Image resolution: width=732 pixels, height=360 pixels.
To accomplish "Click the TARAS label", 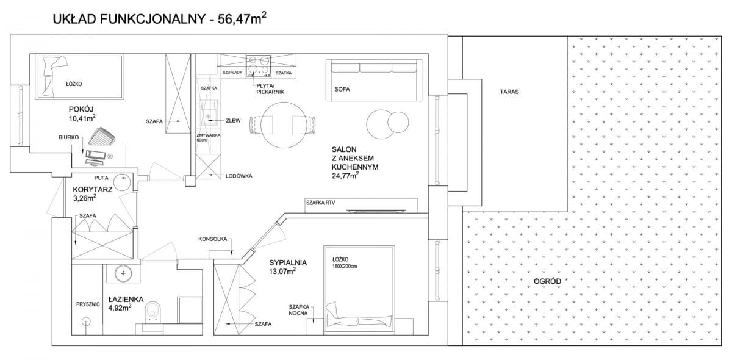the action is tap(509, 92).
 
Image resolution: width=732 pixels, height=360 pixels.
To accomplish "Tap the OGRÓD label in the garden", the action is tap(547, 281).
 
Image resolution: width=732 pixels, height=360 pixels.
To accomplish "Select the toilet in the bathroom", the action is tap(153, 311).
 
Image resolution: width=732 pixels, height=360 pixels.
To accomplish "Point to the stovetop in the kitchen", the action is tap(258, 65).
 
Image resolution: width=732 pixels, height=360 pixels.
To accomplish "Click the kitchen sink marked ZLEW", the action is tap(209, 113).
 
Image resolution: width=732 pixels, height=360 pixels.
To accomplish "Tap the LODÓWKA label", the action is tap(239, 176).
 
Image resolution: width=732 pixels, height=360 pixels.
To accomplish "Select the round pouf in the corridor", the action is tap(122, 182).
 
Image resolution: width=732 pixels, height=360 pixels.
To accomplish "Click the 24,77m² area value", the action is tap(345, 176).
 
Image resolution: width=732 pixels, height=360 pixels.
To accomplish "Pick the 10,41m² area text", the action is tap(82, 118).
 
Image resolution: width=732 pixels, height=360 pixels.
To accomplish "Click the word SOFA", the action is tap(342, 89).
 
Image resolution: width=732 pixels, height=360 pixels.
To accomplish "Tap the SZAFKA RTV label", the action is tap(320, 203).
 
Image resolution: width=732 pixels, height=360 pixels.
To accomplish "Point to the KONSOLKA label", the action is tap(212, 239).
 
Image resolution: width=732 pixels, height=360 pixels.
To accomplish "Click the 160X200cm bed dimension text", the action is tap(345, 266).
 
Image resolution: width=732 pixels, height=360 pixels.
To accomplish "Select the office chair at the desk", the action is tap(102, 136).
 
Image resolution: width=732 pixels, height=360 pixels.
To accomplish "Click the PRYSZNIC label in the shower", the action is tap(88, 304).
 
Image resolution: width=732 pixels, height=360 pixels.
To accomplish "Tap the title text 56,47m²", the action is tap(242, 18).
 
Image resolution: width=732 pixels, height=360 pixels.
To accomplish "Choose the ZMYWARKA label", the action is tap(209, 135).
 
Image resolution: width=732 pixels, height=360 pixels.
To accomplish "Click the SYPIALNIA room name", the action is tap(288, 262).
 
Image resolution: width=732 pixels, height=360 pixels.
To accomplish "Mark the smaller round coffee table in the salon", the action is tap(398, 122).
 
